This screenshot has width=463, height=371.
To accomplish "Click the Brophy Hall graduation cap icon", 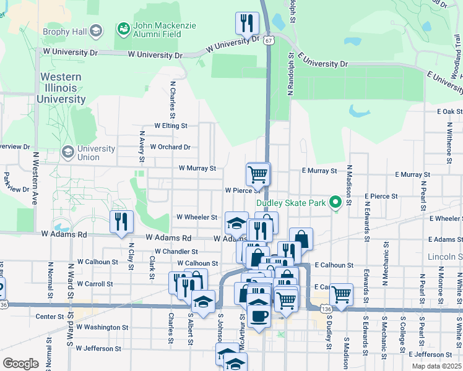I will click(95, 30).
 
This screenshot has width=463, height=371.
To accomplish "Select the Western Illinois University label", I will click(61, 88).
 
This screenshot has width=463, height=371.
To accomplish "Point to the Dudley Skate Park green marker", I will click(335, 202).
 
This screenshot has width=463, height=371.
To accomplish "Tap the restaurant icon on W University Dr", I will click(248, 23).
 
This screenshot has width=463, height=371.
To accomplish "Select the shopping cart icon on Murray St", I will click(258, 173).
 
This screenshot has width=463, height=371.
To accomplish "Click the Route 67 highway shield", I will click(267, 40).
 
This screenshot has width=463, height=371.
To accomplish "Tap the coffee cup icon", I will click(258, 317).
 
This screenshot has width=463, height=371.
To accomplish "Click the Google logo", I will click(20, 364).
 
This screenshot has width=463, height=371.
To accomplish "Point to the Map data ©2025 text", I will click(436, 366).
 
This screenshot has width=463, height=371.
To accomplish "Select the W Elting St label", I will click(171, 126).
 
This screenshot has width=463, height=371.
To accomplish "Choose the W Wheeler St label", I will click(197, 217).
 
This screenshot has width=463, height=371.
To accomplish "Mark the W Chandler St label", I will click(176, 252).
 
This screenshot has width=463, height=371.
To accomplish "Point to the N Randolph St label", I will click(290, 75).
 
